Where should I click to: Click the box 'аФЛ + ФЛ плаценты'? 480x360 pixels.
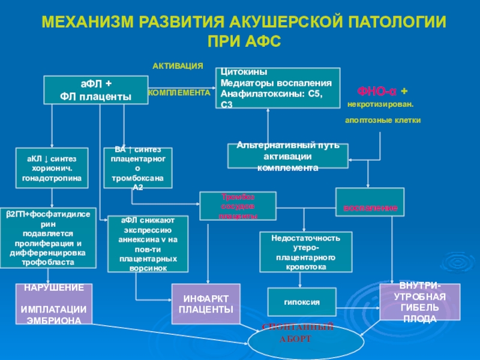coord(96,89)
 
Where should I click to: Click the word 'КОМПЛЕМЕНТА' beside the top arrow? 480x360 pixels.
coord(179,93)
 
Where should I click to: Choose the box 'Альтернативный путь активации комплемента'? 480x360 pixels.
coord(287,155)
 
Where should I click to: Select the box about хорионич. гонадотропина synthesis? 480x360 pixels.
coord(52,167)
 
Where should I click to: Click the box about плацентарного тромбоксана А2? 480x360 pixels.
coord(137,167)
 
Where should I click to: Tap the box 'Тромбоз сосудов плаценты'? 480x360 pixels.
coord(238,205)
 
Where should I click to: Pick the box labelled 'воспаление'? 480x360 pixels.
coord(370,202)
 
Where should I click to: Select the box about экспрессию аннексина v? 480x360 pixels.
coord(148,244)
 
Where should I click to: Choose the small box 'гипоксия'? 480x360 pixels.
coord(302,302)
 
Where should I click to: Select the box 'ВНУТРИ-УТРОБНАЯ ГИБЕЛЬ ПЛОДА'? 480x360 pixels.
coord(420,302)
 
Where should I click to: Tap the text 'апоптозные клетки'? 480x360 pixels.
coord(383,121)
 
